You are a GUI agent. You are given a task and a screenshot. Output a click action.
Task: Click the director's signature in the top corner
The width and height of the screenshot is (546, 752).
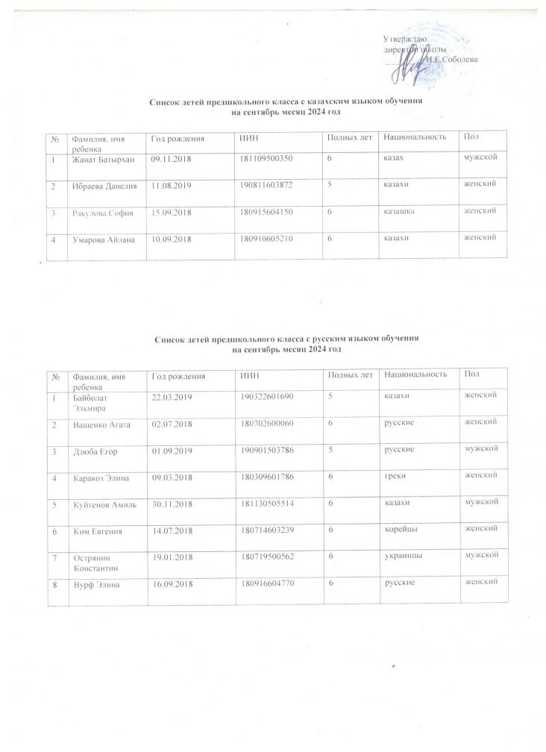pos(412,57)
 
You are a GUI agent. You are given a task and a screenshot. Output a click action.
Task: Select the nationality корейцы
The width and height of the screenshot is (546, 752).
pos(400,532)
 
